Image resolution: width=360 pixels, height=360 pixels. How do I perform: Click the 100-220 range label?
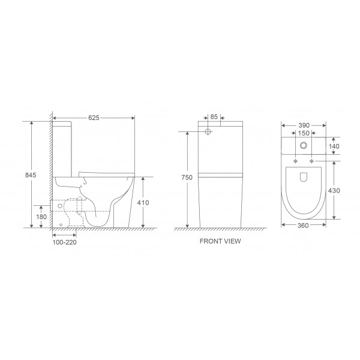[64, 244]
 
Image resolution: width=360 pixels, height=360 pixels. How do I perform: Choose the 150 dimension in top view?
[304, 133]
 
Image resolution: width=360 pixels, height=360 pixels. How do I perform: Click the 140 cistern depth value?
[334, 146]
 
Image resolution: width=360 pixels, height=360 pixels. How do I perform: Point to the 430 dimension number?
[335, 191]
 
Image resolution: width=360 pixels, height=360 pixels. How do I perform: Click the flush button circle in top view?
[304, 146]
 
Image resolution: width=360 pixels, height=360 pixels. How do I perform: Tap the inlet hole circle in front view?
[208, 132]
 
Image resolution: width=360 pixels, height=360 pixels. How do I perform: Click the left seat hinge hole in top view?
[296, 162]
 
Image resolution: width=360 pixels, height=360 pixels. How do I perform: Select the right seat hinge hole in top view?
[311, 162]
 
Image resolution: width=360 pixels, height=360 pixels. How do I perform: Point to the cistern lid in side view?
[64, 123]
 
